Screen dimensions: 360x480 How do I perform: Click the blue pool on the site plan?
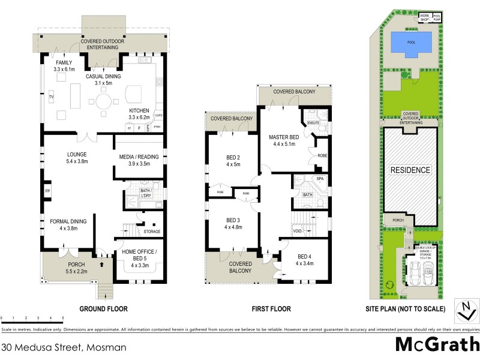tap(411, 43)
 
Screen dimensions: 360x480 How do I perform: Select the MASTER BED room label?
tap(284, 139)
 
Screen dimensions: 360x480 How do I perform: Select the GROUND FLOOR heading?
tap(104, 309)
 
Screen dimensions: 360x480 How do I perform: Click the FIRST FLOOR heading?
tap(271, 309)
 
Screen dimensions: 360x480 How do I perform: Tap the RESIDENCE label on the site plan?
tap(411, 170)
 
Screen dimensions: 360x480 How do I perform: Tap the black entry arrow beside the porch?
tap(101, 263)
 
